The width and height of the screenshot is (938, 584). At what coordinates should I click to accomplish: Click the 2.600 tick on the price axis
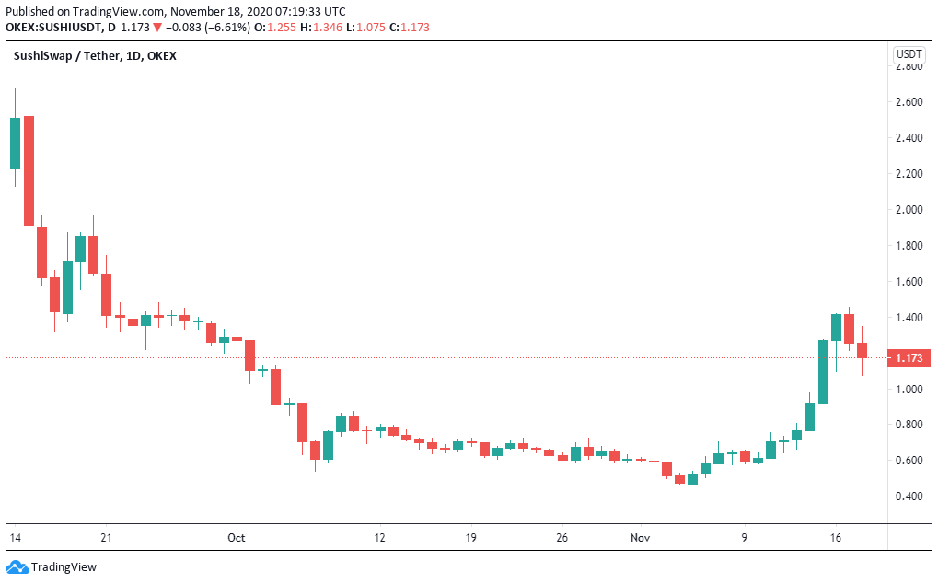pyautogui.click(x=909, y=102)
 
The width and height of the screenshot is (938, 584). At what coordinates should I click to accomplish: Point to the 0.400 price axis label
pyautogui.click(x=909, y=496)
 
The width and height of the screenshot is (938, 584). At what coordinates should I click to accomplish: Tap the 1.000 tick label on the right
pyautogui.click(x=909, y=389)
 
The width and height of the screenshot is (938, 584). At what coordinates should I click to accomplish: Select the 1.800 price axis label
pyautogui.click(x=909, y=246)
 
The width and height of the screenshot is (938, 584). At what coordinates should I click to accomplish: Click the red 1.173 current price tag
pyautogui.click(x=909, y=357)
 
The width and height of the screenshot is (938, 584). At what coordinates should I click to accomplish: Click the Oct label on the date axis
pyautogui.click(x=237, y=536)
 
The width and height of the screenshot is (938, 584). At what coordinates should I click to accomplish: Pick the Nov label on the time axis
pyautogui.click(x=640, y=536)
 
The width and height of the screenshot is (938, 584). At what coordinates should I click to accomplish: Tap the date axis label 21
pyautogui.click(x=106, y=536)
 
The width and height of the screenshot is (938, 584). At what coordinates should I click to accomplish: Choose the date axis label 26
pyautogui.click(x=562, y=536)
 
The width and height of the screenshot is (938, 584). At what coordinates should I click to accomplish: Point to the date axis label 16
pyautogui.click(x=836, y=536)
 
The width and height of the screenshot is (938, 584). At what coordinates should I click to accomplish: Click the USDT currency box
pyautogui.click(x=909, y=55)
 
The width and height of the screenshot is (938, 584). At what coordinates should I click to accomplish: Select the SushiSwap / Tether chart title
pyautogui.click(x=95, y=56)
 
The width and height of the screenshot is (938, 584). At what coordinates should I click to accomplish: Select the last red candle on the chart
pyautogui.click(x=862, y=350)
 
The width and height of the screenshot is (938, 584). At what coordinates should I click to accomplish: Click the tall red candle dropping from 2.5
pyautogui.click(x=29, y=170)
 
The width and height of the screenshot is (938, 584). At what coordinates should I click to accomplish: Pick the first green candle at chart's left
pyautogui.click(x=15, y=143)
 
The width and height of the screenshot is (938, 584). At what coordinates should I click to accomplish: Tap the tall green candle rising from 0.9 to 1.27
pyautogui.click(x=823, y=371)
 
